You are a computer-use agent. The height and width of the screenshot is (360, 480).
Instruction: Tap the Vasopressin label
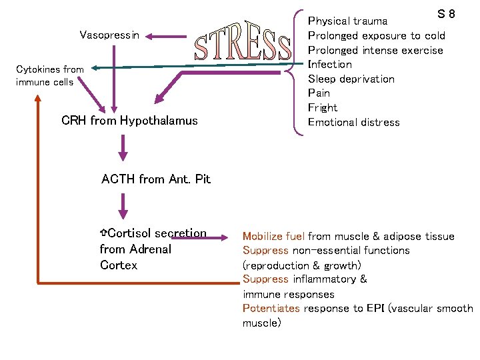109,35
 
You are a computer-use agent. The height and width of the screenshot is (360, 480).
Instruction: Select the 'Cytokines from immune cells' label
50,75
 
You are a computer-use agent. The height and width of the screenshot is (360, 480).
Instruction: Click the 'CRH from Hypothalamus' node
129,121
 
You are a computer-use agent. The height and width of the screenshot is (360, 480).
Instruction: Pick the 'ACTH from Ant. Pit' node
155,179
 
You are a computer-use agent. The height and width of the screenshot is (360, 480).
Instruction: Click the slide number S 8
446,14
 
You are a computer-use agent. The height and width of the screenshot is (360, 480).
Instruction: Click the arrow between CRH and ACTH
123,148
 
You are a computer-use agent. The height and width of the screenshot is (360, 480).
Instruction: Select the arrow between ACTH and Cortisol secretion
123,205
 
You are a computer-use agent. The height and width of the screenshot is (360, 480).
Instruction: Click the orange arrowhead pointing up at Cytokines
38,99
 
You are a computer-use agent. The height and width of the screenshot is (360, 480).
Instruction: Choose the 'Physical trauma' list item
347,21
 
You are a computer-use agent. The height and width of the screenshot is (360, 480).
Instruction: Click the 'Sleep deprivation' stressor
351,79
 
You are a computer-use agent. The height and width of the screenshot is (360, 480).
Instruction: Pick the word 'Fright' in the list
323,107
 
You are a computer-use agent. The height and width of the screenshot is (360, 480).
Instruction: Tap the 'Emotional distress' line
353,122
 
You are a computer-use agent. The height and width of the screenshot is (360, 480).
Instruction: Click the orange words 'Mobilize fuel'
273,236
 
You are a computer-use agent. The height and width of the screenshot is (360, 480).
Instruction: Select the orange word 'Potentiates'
271,308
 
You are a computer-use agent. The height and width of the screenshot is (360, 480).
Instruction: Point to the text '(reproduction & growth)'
302,265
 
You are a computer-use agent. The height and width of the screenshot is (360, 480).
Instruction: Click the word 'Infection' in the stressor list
329,64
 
